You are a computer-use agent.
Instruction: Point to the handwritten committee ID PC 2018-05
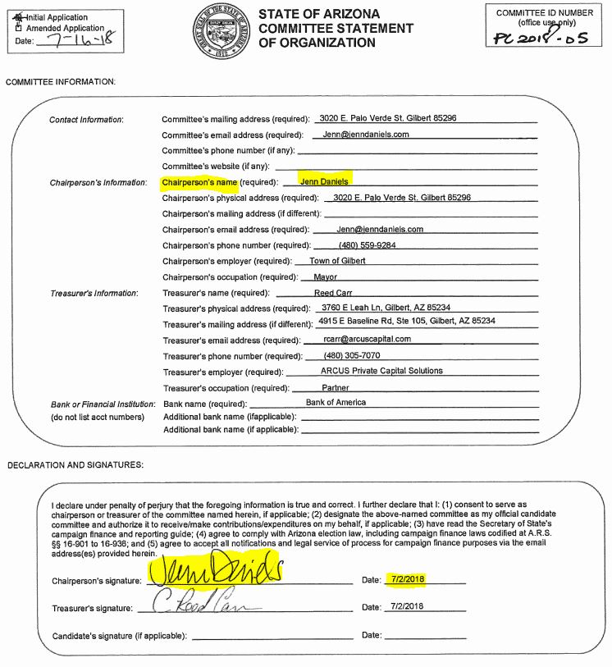541,37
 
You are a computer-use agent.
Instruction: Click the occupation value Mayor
326,276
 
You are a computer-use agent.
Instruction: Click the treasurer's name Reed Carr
335,292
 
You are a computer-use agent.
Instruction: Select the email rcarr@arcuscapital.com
368,339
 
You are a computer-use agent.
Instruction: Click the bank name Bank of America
336,402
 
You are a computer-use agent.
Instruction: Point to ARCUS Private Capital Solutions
382,371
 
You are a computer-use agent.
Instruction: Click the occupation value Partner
336,387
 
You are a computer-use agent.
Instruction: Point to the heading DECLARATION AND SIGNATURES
75,465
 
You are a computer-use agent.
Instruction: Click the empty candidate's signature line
271,636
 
